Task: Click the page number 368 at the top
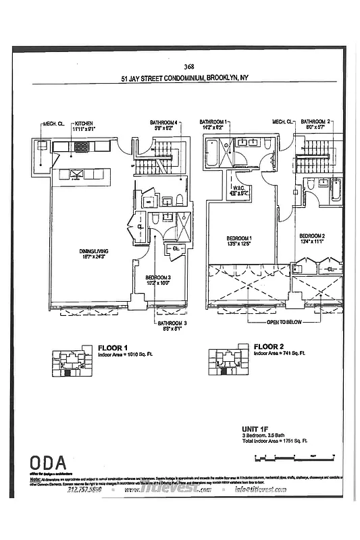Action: (188, 66)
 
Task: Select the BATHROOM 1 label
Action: (214, 122)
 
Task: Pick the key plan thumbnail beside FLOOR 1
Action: (70, 362)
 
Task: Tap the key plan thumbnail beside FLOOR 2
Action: (226, 362)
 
